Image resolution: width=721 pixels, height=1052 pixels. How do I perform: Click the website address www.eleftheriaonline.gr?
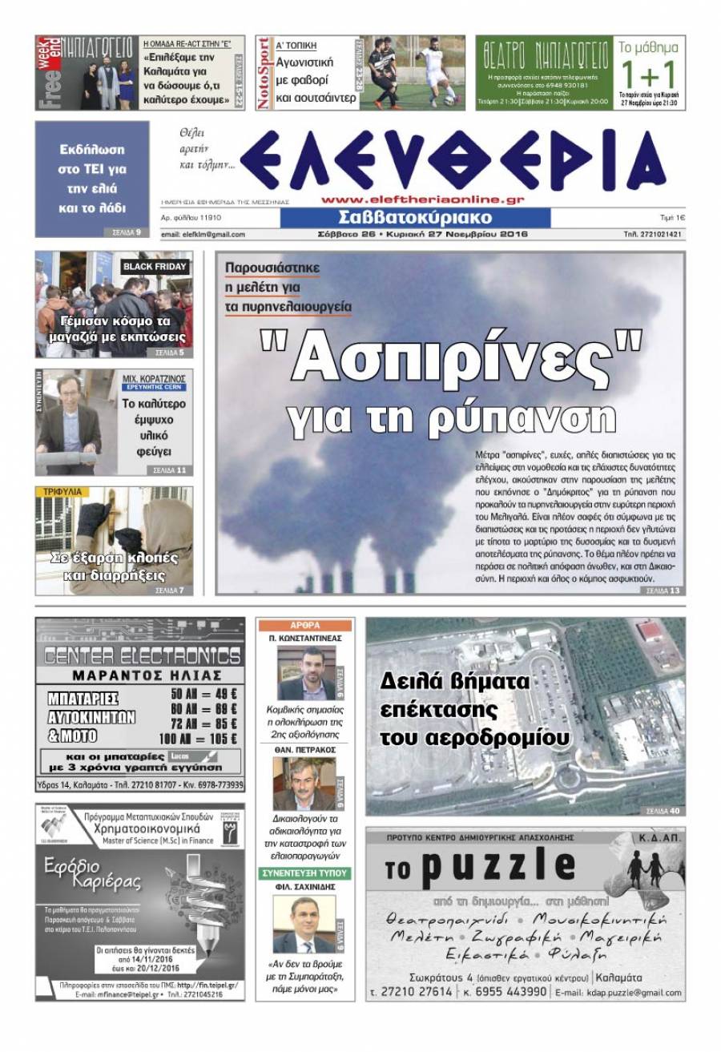[x=422, y=200]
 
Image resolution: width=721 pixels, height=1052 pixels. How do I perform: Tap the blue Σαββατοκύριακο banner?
[x=415, y=218]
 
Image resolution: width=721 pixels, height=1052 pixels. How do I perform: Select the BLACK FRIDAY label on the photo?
[x=155, y=266]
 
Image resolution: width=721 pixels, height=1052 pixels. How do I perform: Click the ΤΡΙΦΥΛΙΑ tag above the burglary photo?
[x=61, y=492]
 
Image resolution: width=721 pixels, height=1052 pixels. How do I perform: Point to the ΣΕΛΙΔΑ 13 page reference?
[x=663, y=590]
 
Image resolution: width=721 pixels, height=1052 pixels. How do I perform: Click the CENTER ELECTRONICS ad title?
[x=141, y=656]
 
